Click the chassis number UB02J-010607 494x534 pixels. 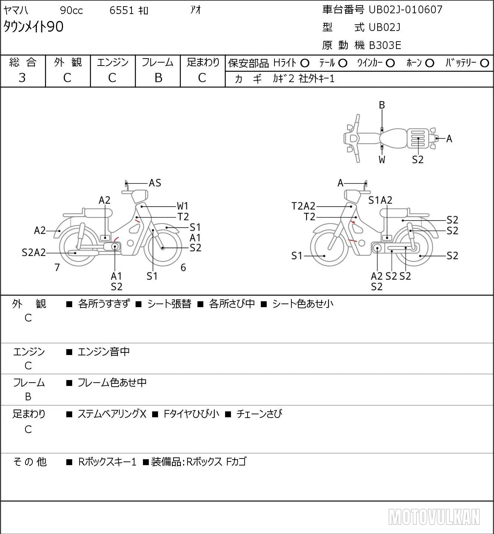(405, 10)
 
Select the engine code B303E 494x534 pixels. (385, 45)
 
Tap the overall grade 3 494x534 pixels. (22, 78)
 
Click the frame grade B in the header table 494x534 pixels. (158, 78)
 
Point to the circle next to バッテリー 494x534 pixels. (484, 63)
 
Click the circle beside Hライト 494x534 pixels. (305, 63)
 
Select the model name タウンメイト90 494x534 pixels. (34, 27)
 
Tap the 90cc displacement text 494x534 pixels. (71, 10)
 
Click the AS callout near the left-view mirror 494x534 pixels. (155, 183)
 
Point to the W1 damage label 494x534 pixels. (182, 206)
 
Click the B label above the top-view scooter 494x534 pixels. (382, 105)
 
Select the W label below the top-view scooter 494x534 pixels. (382, 160)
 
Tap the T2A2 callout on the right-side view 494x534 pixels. (303, 206)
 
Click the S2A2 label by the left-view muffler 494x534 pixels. (34, 253)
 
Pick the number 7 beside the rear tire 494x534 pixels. (57, 267)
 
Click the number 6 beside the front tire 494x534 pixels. (183, 267)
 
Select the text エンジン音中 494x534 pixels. (104, 352)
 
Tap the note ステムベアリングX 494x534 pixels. (112, 414)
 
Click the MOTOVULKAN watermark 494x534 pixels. (434, 517)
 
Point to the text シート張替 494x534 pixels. (169, 304)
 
